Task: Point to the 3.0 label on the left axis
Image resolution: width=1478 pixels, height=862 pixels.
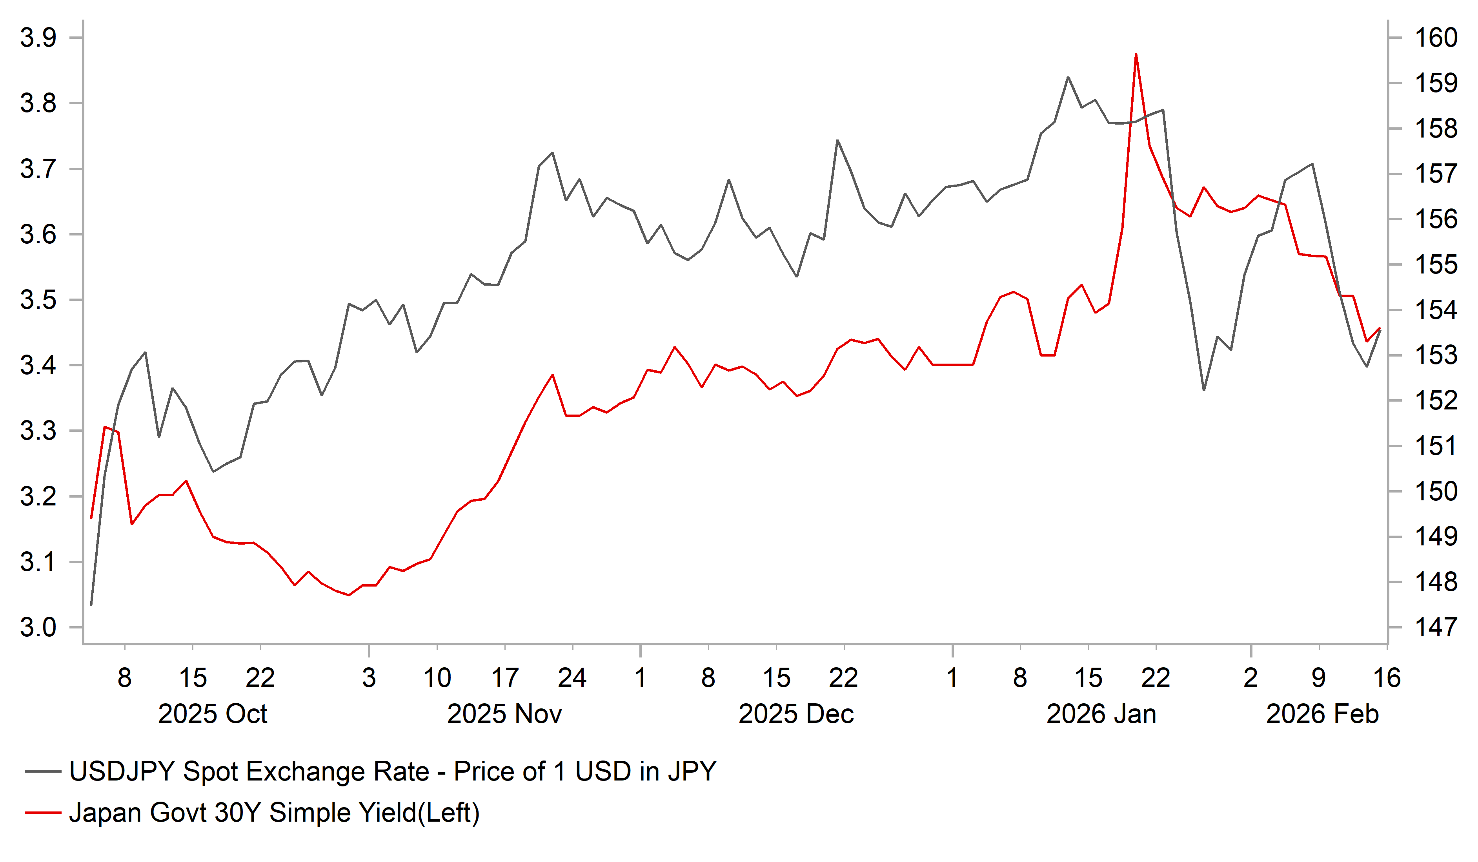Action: [38, 628]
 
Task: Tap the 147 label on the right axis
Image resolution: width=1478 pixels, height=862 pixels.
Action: [1436, 628]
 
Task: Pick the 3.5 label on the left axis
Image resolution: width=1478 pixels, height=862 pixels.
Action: [38, 300]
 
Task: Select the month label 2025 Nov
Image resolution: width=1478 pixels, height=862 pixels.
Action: [504, 714]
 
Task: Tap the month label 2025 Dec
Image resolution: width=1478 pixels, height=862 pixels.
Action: [796, 714]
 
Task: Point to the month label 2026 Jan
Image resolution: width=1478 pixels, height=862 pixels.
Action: [1101, 714]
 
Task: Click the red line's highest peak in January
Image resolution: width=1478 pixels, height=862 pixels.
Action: [1136, 54]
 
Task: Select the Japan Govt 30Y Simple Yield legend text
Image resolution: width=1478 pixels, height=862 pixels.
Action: [274, 813]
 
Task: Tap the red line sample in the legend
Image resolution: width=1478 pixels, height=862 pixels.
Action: [43, 813]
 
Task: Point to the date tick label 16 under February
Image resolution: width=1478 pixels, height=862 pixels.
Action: [1387, 678]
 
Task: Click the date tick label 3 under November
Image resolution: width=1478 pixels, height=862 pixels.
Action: [368, 678]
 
